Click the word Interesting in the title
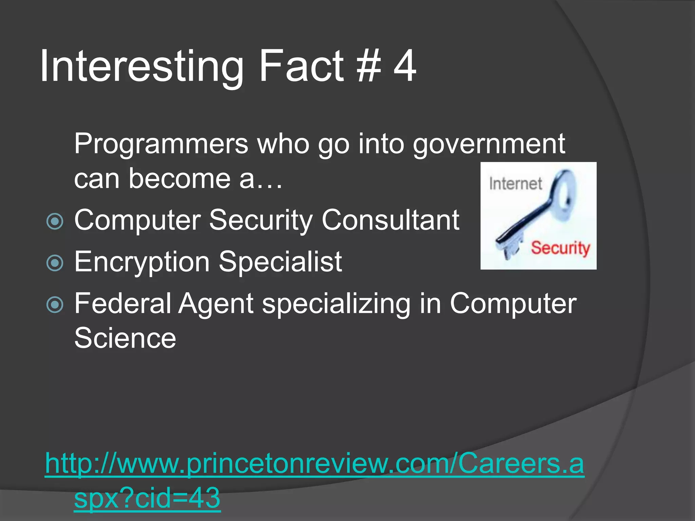(x=141, y=66)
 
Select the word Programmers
(x=161, y=144)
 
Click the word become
(x=180, y=179)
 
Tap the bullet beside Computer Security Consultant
(x=55, y=221)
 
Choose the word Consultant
(x=391, y=220)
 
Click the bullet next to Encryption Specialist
(x=55, y=263)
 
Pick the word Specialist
(x=280, y=262)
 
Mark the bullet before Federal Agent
(x=55, y=304)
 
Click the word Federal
(x=123, y=303)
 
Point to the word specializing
(x=336, y=304)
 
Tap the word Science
(x=125, y=338)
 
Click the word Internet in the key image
(x=515, y=184)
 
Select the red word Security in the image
(x=560, y=248)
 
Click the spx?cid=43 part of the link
(x=147, y=498)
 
